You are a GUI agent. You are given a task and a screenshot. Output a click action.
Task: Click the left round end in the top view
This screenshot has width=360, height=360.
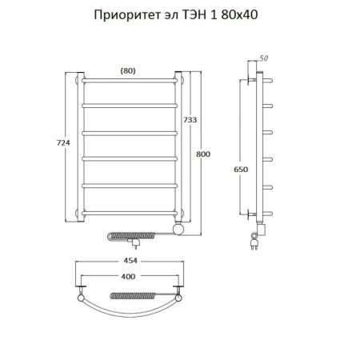[80, 298]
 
